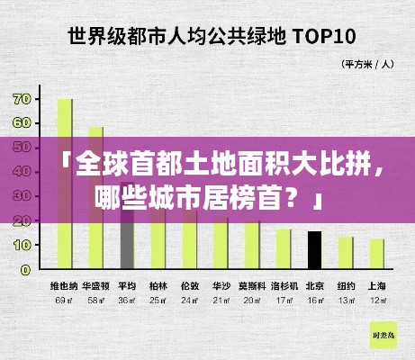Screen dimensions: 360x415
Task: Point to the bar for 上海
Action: coord(376,254)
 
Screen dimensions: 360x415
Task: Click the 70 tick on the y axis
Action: coord(22,98)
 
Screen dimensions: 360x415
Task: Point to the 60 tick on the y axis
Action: coord(22,122)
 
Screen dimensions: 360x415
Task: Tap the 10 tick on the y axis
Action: coord(22,244)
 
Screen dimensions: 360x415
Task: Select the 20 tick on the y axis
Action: coord(22,220)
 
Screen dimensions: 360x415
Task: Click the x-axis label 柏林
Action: coord(158,286)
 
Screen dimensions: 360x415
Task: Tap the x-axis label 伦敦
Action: coord(190,286)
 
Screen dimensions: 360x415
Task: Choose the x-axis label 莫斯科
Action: coord(252,286)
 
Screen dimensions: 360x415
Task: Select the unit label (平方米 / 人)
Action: coord(368,64)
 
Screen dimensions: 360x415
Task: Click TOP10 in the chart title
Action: coord(321,37)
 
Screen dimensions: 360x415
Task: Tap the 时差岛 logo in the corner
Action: coord(383,334)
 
